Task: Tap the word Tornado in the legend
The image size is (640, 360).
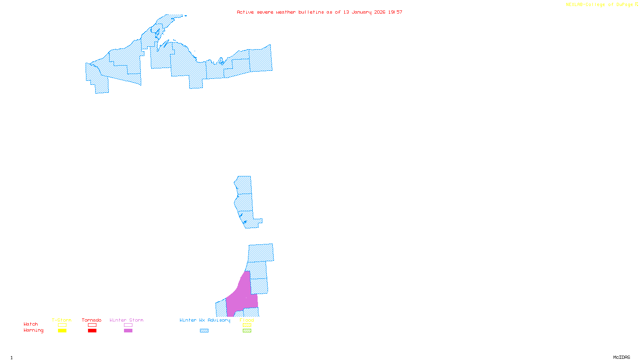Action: pos(92,320)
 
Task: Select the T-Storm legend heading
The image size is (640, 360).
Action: pos(62,320)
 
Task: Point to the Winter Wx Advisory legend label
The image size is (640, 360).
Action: pos(205,320)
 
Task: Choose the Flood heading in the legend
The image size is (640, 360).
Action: pos(247,320)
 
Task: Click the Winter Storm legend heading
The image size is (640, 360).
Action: pos(126,320)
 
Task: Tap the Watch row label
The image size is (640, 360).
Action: pos(31,324)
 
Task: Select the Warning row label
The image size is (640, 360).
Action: pos(34,330)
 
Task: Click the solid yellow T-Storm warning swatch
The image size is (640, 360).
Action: pos(62,331)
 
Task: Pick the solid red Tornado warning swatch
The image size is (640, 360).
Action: pos(92,331)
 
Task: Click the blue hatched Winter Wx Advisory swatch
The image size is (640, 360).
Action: pos(204,331)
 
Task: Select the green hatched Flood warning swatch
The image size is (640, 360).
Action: pos(247,331)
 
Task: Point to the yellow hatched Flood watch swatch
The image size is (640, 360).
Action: pos(247,325)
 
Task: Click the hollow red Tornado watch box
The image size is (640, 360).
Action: pos(92,325)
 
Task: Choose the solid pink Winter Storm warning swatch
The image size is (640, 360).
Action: pos(128,331)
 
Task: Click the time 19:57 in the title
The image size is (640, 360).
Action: pos(395,12)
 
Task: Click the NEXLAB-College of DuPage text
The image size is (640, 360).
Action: pos(600,5)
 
